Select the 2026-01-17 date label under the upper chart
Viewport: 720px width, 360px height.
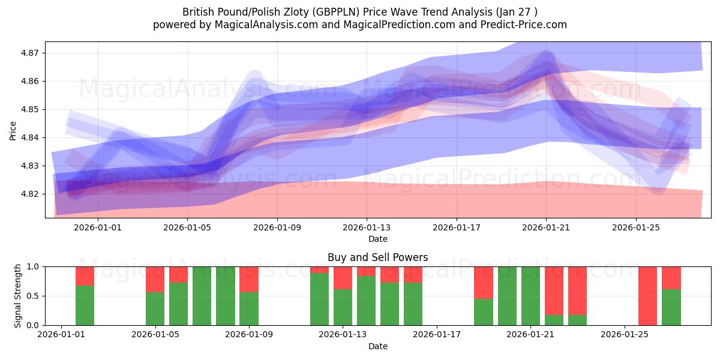(x=457, y=227)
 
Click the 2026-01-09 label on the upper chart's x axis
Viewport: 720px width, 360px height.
(x=277, y=227)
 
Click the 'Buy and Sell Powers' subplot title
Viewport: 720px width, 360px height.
(x=377, y=257)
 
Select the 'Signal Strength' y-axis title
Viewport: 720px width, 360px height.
(x=18, y=295)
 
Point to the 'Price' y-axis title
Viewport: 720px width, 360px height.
(x=13, y=130)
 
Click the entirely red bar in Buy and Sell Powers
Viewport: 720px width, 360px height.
(x=648, y=295)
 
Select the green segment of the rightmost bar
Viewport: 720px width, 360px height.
(x=671, y=307)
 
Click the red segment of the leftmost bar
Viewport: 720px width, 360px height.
(x=85, y=275)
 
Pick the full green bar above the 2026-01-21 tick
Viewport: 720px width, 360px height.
(x=530, y=295)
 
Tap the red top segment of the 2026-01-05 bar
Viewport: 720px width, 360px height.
(x=155, y=279)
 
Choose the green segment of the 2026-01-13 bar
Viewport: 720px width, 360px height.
(x=343, y=307)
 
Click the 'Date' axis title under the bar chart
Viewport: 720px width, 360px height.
(x=377, y=346)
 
